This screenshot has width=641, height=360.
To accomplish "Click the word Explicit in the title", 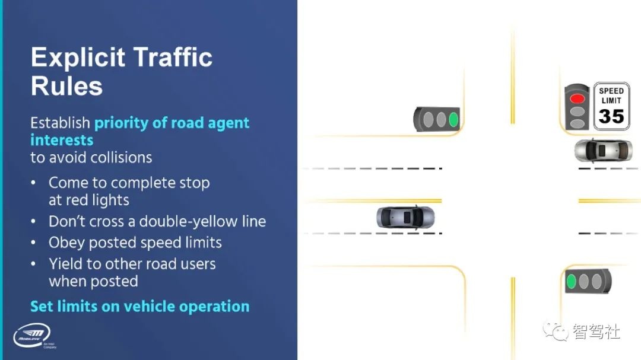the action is (x=77, y=58).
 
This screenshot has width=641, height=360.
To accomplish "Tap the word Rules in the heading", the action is (x=66, y=86).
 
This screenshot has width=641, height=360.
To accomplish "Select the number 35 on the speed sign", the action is (x=611, y=116).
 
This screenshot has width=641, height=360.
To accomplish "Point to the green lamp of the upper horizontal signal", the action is (x=454, y=119).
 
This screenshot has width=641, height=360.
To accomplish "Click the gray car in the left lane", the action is (x=405, y=217).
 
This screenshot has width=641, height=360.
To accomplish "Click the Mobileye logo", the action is (x=33, y=336).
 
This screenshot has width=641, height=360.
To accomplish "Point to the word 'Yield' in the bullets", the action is (x=66, y=264).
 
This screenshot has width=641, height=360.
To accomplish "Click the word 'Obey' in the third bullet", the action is (x=66, y=243).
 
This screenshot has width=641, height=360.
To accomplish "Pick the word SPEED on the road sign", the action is (x=611, y=91).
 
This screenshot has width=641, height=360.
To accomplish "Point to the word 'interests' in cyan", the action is (x=62, y=140).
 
